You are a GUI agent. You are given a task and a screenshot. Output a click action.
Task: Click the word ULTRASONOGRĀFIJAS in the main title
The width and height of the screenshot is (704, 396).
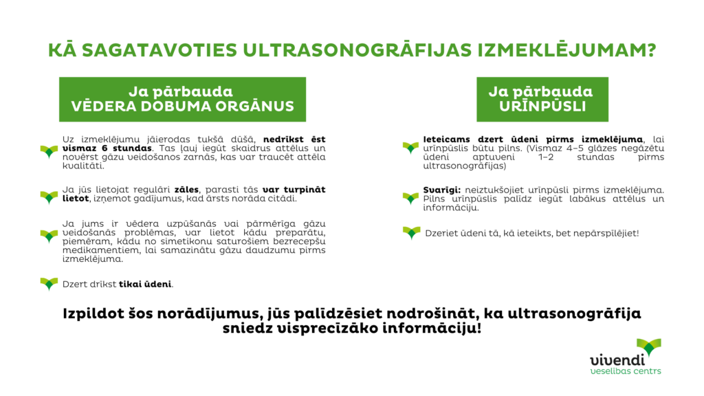(x=357, y=49)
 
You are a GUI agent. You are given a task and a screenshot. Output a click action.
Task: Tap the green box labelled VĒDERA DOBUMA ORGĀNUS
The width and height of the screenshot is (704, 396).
(x=182, y=99)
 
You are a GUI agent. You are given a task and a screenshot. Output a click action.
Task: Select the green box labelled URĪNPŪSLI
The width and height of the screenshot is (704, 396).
(x=542, y=99)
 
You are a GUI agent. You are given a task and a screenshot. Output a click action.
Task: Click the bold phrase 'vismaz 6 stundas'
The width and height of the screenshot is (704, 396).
(x=107, y=148)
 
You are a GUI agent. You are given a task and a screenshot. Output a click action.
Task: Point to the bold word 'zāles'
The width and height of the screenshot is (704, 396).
(x=186, y=190)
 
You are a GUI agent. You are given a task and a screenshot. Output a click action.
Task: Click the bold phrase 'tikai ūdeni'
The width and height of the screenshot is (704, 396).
(x=145, y=284)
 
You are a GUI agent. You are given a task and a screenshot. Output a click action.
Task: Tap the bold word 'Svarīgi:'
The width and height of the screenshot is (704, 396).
(x=442, y=190)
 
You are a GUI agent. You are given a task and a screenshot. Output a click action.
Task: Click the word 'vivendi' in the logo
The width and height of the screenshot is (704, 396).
(x=617, y=360)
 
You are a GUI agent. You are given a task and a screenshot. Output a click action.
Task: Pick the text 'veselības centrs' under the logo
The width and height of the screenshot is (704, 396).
(x=626, y=371)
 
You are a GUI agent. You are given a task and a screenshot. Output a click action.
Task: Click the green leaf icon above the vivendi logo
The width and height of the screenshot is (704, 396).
(x=649, y=346)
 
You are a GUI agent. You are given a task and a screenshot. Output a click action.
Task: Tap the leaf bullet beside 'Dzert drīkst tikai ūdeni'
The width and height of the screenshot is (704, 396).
(x=49, y=284)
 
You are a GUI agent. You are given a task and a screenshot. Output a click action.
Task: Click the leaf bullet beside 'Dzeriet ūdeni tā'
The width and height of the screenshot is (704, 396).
(x=411, y=232)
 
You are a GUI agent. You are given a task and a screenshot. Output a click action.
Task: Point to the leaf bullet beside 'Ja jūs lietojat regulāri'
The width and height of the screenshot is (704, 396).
(x=49, y=197)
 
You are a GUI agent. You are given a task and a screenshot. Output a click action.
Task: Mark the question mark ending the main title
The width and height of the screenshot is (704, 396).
(x=650, y=49)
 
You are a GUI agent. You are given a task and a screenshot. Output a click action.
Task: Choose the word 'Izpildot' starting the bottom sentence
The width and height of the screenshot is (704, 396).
(x=93, y=313)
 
